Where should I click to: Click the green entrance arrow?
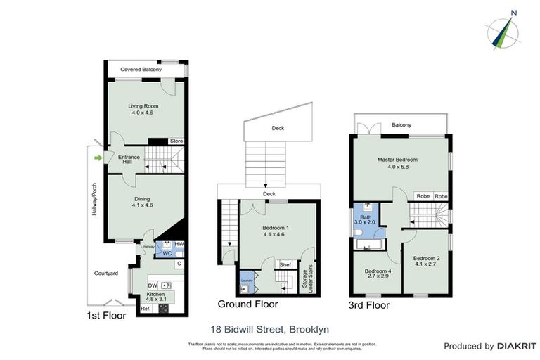click(98, 157)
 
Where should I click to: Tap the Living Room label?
click(141, 107)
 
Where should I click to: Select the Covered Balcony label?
click(141, 70)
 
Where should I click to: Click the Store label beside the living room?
click(176, 141)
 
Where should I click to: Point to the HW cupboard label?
click(179, 244)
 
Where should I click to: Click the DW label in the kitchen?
click(151, 285)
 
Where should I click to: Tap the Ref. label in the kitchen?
click(146, 309)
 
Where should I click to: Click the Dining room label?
click(143, 199)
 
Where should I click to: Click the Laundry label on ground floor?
click(246, 281)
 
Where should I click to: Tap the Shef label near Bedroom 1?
click(285, 264)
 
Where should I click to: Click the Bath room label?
click(366, 218)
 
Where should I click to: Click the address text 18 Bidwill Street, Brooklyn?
click(270, 328)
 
